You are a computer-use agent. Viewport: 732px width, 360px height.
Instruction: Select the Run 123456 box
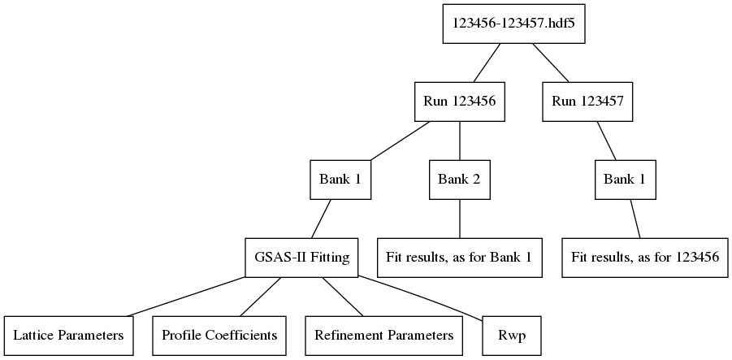pos(460,102)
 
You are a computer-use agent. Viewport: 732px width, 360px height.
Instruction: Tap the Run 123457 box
pos(587,102)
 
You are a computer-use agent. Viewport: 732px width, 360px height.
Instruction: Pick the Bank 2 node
pos(460,180)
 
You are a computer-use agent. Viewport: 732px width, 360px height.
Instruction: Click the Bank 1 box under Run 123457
pos(626,180)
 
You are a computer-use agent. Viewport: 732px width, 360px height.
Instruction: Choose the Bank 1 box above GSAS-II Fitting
pos(341,180)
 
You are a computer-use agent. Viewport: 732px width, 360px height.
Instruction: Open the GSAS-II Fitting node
pos(302,258)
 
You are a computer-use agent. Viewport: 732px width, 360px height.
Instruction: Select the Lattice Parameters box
pos(68,336)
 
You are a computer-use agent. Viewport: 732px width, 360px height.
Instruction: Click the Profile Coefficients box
pos(219,336)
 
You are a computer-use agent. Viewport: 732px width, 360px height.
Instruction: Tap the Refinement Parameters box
pos(384,336)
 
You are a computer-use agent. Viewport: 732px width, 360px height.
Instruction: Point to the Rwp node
pos(509,336)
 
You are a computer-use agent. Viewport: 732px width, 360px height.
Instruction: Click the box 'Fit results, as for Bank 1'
pos(460,258)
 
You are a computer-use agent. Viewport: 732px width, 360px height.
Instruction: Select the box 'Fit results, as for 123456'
pos(645,258)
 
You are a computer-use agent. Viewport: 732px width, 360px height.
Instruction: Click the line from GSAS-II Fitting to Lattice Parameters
pos(185,297)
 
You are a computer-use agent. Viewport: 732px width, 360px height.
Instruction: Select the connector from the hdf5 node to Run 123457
pos(550,63)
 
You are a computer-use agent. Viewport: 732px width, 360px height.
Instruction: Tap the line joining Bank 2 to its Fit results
pos(460,219)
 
